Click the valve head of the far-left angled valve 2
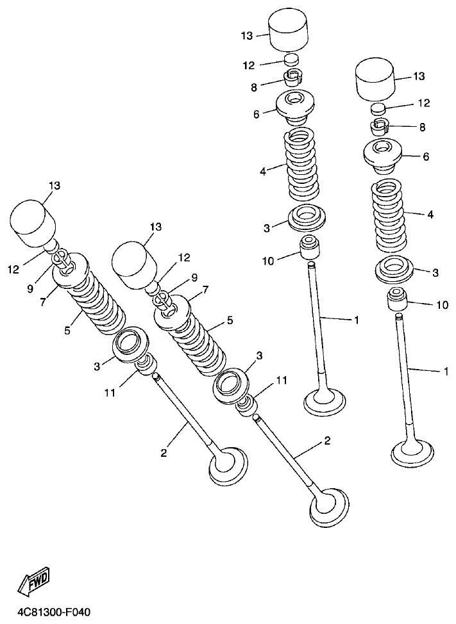(228, 466)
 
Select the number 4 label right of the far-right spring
(430, 215)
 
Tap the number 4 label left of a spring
(263, 170)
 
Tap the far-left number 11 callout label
(110, 392)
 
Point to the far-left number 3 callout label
(97, 366)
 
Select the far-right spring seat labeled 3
(393, 270)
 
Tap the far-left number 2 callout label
(164, 453)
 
